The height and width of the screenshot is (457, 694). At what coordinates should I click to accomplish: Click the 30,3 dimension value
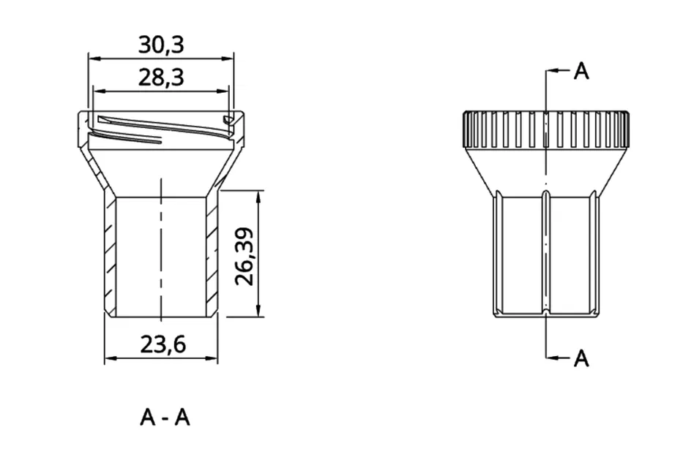(x=161, y=45)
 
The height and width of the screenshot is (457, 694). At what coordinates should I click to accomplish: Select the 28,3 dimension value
(x=161, y=78)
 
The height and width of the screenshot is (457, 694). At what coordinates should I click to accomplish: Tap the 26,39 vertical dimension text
(x=245, y=257)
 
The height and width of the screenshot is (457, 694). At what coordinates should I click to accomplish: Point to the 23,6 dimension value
(x=163, y=344)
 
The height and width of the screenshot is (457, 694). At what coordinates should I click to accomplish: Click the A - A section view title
(x=165, y=418)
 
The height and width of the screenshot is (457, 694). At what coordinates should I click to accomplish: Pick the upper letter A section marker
(x=581, y=71)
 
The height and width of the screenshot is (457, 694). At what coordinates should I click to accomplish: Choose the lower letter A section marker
(x=581, y=358)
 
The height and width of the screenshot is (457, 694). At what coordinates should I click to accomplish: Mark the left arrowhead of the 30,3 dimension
(x=94, y=58)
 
